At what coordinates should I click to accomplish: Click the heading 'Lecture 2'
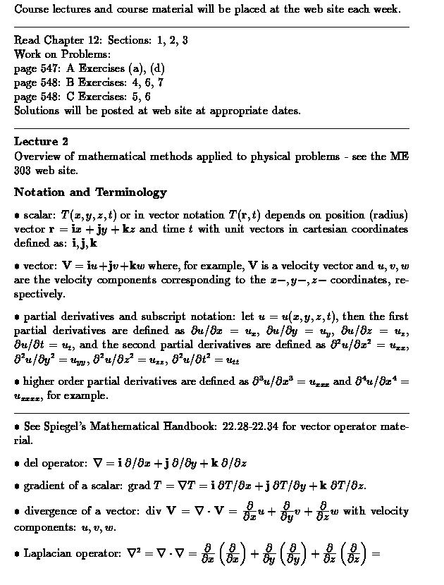41,141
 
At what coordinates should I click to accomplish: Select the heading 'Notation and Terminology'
90,192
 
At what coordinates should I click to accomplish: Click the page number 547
51,68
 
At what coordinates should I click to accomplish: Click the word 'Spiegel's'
67,427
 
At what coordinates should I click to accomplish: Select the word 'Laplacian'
50,554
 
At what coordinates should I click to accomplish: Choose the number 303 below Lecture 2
25,170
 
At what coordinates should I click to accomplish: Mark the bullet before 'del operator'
17,464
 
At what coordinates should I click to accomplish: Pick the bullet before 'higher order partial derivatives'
17,382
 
